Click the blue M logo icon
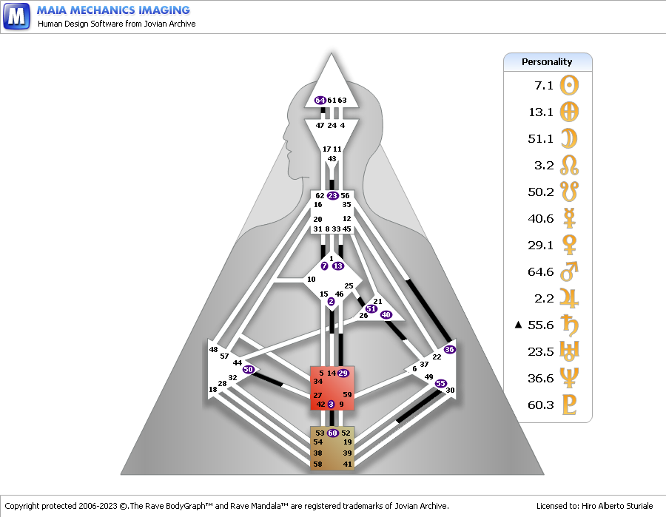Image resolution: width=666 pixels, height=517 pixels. [x=16, y=16]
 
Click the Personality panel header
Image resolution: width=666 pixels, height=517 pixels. [x=548, y=62]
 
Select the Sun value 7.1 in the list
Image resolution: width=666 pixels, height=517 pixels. [x=544, y=86]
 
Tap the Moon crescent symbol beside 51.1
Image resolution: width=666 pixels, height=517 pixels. [x=569, y=138]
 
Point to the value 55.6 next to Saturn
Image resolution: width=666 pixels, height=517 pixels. [x=541, y=325]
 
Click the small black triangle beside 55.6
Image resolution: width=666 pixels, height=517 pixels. [x=518, y=325]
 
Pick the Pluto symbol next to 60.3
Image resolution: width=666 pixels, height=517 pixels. [x=569, y=405]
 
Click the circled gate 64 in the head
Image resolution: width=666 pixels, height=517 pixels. [x=320, y=100]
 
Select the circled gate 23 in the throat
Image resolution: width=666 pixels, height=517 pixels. [x=332, y=196]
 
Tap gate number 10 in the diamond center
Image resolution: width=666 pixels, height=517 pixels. [x=312, y=280]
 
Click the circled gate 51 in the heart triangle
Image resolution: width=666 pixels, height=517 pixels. [x=371, y=308]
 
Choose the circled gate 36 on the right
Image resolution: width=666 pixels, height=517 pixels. [x=449, y=349]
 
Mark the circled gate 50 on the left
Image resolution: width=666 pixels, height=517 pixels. [x=249, y=369]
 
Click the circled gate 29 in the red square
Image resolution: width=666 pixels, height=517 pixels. [x=343, y=373]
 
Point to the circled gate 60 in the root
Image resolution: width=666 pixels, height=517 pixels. [x=332, y=433]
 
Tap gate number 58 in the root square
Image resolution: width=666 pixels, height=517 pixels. [x=317, y=464]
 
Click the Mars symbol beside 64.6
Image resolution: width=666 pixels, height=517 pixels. [x=569, y=271]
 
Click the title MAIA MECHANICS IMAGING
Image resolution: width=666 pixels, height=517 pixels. [x=113, y=10]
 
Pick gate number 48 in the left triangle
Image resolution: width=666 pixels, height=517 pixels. [x=213, y=349]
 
